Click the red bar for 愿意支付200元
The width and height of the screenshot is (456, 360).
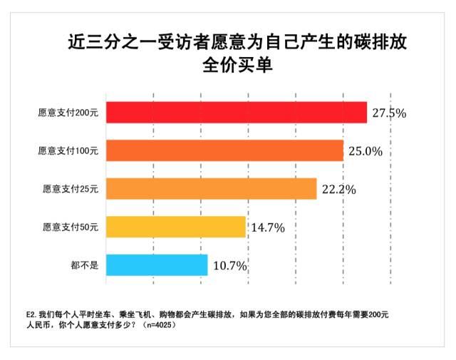tap(237, 112)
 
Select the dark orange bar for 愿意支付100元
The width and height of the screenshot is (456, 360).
tap(225, 150)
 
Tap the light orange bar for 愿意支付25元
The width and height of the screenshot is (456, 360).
tap(212, 189)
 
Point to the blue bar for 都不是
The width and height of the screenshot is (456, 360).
tap(157, 265)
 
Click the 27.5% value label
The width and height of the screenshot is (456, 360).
tap(388, 113)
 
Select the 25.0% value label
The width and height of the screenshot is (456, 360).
tap(365, 151)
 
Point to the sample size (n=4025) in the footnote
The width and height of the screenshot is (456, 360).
tap(158, 325)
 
